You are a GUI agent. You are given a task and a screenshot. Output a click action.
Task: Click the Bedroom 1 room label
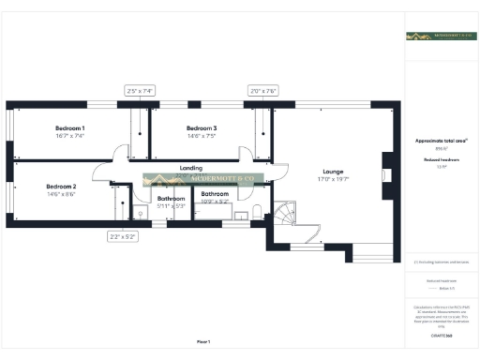coord(69,127)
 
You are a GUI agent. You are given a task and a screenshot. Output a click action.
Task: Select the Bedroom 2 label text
coord(61,187)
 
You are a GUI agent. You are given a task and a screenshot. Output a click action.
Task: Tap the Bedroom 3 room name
coord(202,127)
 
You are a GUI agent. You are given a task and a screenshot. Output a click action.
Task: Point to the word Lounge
coord(333,172)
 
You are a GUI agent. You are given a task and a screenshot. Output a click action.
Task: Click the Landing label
coord(191,169)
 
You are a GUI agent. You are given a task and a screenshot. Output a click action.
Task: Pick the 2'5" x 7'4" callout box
coord(139,91)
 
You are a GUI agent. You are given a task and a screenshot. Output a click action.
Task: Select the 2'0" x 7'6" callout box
coord(263,91)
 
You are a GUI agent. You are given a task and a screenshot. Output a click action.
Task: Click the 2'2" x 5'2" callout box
coord(123,237)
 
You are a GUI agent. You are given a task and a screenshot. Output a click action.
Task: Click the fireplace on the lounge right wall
coord(386,165)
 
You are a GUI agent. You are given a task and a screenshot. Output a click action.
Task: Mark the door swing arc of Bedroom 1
coord(115,152)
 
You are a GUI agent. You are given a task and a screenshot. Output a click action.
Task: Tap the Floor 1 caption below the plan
coord(203,341)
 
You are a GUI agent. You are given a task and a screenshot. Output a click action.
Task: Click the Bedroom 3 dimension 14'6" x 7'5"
coord(202,136)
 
